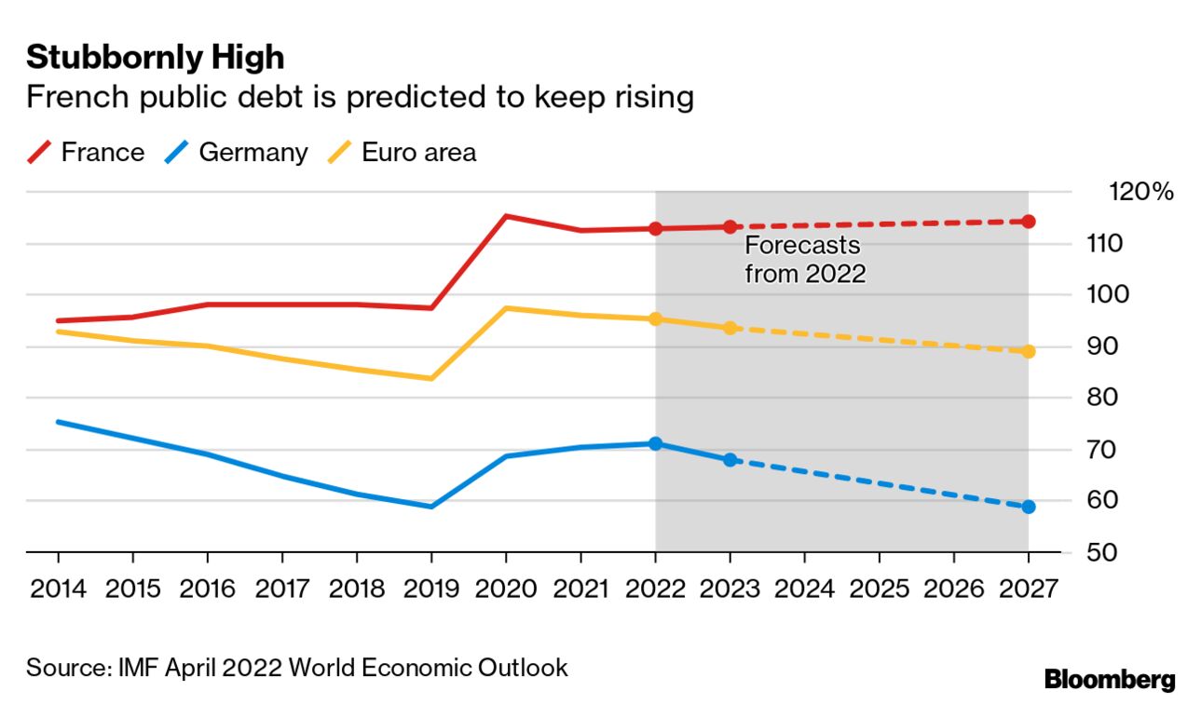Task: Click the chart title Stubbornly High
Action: (155, 58)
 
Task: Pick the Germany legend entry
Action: (237, 153)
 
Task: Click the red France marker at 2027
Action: (1028, 222)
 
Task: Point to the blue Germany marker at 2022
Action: (655, 443)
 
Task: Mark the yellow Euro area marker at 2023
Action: (730, 328)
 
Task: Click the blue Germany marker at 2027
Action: (1028, 507)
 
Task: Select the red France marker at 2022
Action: (655, 228)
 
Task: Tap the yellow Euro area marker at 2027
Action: (1028, 351)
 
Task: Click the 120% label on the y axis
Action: (1140, 193)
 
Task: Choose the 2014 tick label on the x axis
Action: (58, 589)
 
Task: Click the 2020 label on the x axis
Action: (505, 589)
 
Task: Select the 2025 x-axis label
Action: (879, 589)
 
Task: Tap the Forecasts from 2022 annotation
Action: (804, 260)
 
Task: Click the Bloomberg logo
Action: (1109, 679)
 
